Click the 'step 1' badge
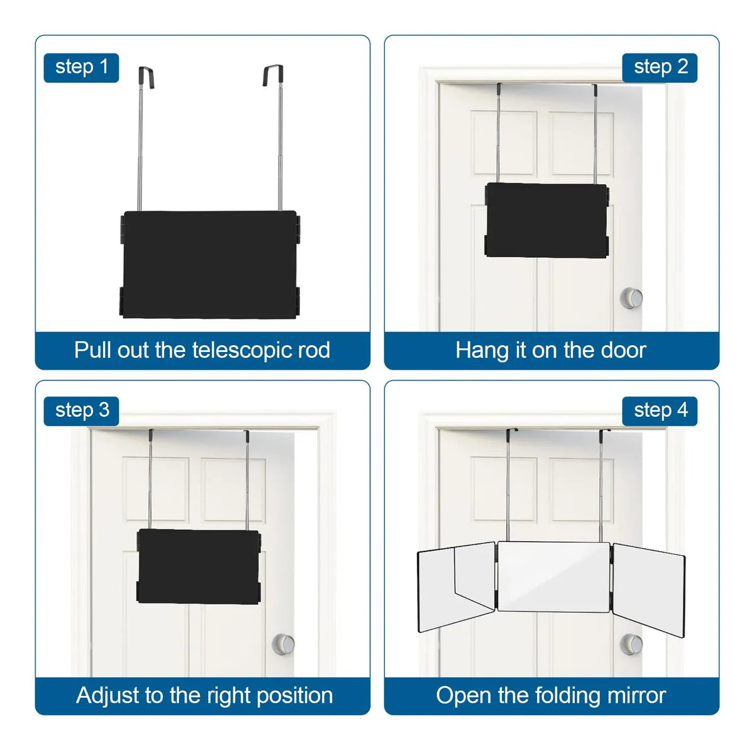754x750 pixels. (81, 68)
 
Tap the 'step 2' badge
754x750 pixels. (660, 68)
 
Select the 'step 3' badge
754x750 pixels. (81, 411)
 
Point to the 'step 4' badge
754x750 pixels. (660, 411)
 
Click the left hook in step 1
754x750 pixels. (147, 77)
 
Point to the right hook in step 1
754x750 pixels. (274, 75)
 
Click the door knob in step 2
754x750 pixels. (631, 298)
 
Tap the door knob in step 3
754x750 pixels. (283, 644)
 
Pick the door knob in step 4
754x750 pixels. (631, 644)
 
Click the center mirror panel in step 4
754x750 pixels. (553, 576)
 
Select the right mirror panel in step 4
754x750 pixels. (649, 590)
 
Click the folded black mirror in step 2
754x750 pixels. (546, 220)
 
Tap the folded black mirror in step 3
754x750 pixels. (199, 566)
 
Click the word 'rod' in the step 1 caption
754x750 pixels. (314, 350)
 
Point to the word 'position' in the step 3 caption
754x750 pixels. (295, 696)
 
